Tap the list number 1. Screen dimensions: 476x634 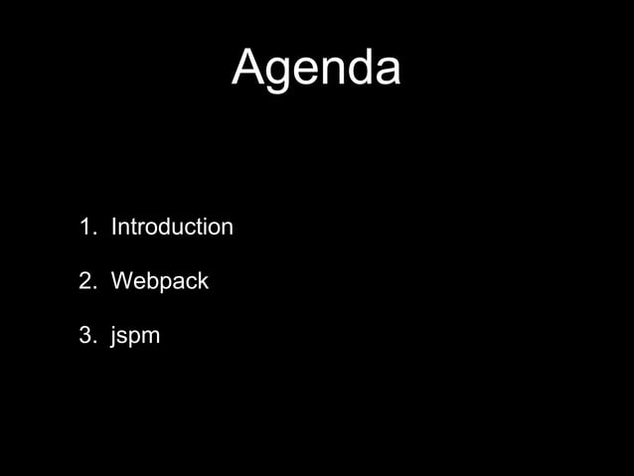pos(84,228)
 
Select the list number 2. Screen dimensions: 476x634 pos(84,282)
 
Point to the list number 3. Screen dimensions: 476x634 pos(84,336)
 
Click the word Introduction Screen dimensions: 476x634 pos(172,228)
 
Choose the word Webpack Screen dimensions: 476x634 pos(159,282)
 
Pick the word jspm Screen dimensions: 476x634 pos(135,337)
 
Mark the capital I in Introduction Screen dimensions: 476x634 pos(113,228)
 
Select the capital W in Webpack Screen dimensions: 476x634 pos(120,282)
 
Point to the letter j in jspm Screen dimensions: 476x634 pos(113,338)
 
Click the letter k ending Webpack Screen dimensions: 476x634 pos(203,282)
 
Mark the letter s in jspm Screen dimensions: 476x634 pos(123,338)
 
